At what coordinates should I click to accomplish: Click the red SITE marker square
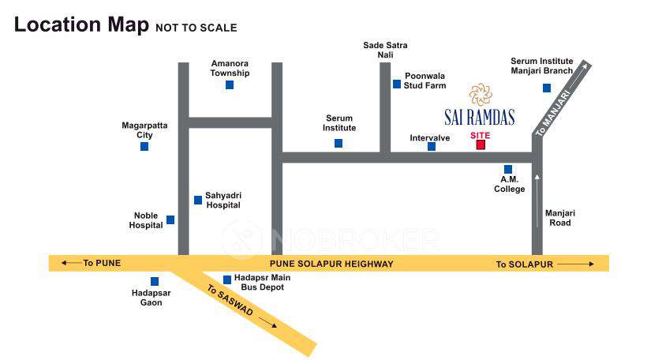coord(481,144)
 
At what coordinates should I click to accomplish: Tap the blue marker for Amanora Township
coord(230,84)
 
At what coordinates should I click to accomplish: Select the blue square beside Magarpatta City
coord(144,146)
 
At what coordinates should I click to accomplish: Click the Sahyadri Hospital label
coord(223,200)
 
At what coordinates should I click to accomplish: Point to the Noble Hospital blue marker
coord(170,219)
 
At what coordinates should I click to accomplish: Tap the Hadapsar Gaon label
coord(151,298)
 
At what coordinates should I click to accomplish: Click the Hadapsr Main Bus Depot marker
coord(227,279)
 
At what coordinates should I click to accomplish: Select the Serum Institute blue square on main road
coord(338,143)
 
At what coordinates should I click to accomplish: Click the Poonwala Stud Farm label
coord(425,81)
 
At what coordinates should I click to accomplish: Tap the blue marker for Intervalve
coord(432,146)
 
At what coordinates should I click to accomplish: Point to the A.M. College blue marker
coord(508,169)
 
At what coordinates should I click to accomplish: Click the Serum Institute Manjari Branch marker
coord(547,88)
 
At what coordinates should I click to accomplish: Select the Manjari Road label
coord(560,218)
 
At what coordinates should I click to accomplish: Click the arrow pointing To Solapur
coord(580,264)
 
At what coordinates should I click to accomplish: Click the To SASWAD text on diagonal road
coord(230,301)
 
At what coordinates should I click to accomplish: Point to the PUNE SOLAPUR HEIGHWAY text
coord(331,264)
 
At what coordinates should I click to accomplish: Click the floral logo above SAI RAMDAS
coord(480,95)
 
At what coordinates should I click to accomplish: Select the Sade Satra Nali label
coord(385,50)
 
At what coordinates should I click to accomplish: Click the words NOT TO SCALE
coord(196,28)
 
